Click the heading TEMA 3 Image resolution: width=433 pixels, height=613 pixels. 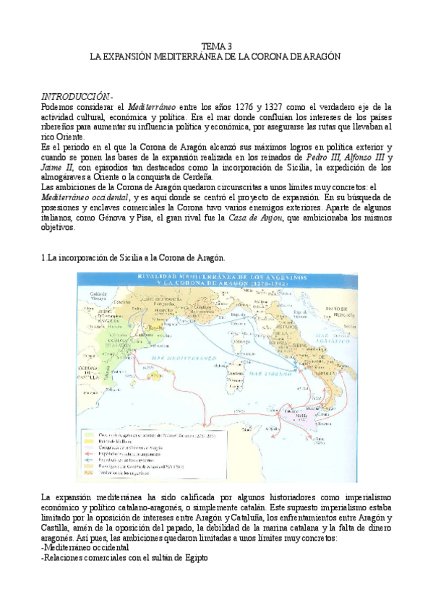[217, 46]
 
